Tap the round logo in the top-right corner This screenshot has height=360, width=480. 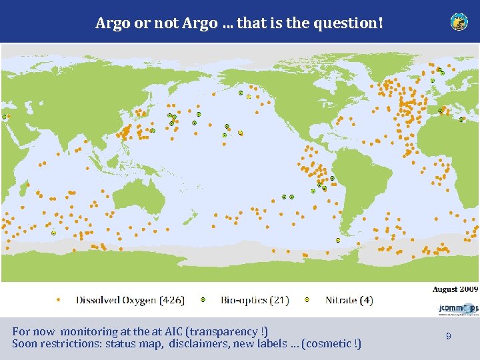(459, 21)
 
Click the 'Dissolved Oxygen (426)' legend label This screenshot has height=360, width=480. (130, 300)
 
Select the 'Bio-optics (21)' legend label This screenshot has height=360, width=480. (255, 300)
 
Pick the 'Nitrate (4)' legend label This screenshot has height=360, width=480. (349, 300)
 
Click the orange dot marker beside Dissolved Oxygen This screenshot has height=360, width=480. (58, 300)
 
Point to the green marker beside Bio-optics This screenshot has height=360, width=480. (203, 300)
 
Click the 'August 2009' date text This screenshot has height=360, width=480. (455, 289)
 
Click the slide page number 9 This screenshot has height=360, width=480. (449, 337)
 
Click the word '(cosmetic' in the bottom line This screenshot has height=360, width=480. (327, 344)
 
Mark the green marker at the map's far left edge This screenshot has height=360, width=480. (5, 117)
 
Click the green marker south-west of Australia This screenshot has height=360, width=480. (53, 233)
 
